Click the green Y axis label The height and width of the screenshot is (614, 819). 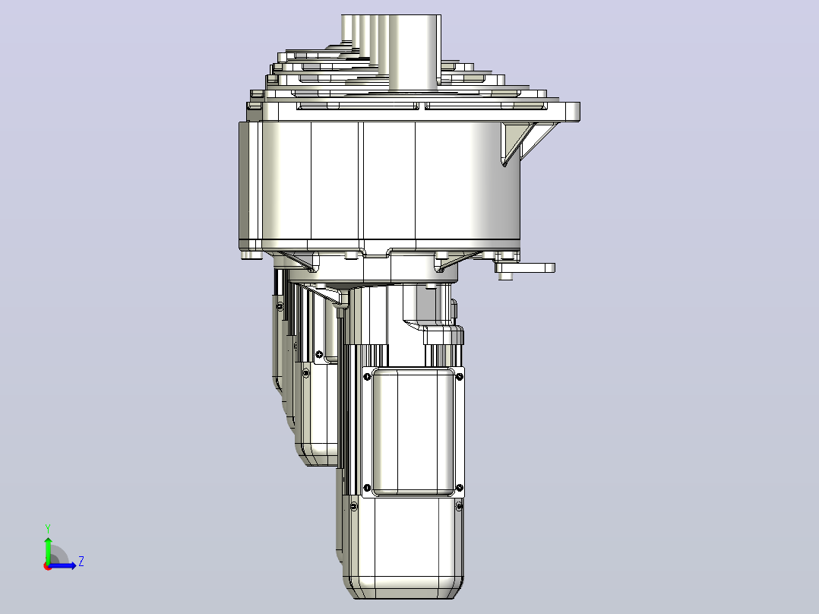(48, 528)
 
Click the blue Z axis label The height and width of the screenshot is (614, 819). (81, 562)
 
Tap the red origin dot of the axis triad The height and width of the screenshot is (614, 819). (48, 566)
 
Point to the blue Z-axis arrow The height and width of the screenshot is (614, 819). (62, 565)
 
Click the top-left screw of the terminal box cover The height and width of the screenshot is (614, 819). (367, 376)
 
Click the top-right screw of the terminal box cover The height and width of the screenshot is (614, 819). (460, 376)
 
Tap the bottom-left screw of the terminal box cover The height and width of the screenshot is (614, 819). (367, 488)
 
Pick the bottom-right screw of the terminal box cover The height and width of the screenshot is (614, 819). (460, 488)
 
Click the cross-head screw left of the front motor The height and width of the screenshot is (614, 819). (319, 354)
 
